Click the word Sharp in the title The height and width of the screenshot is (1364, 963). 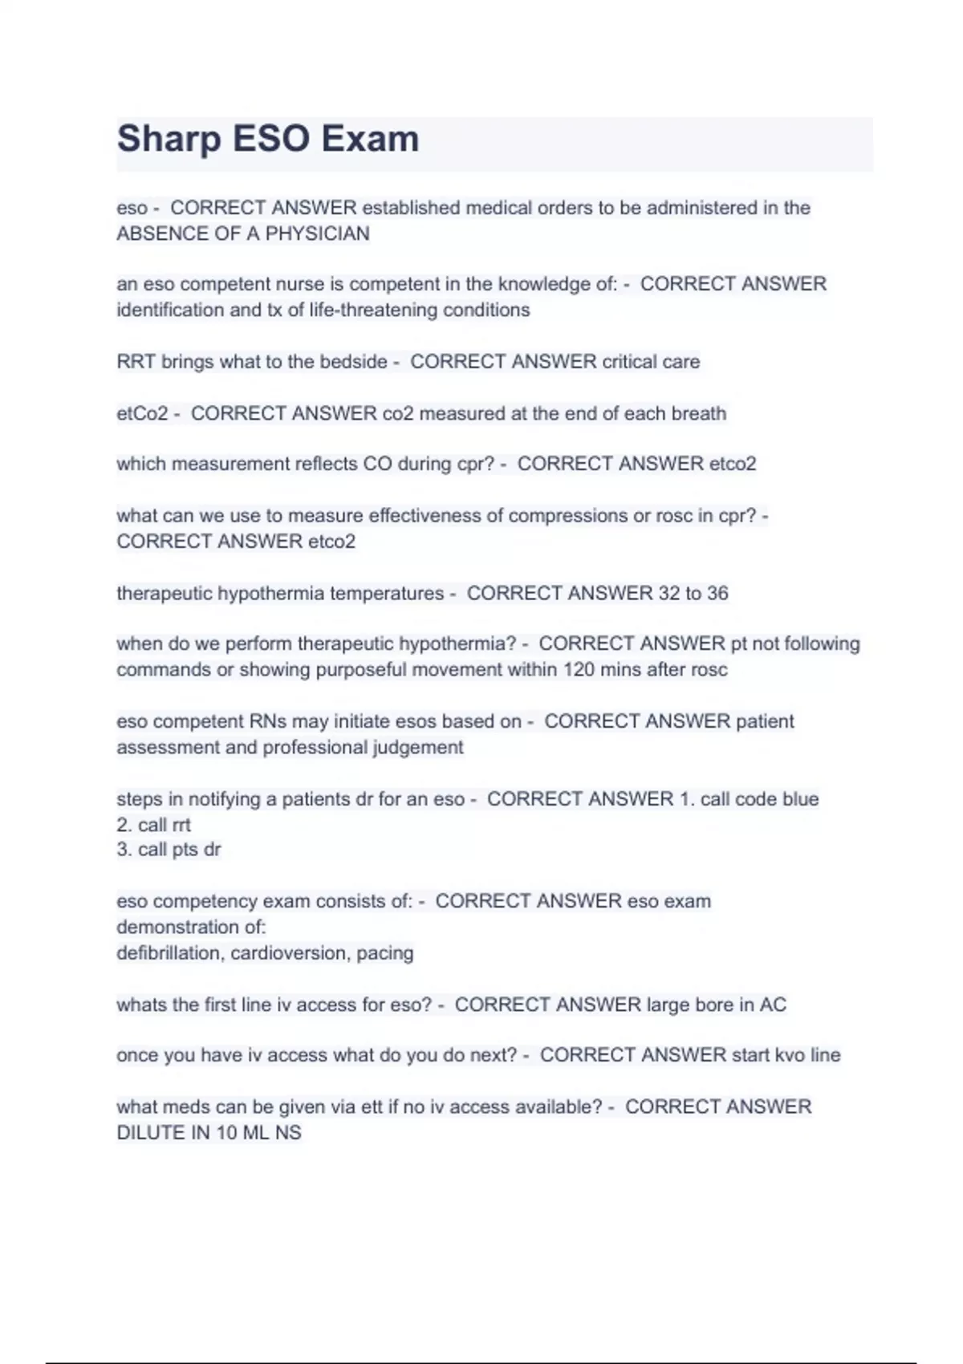point(169,139)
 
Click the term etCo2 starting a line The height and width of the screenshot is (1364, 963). point(142,413)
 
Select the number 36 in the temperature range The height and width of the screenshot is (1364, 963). point(717,594)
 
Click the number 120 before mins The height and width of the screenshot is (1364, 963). point(579,670)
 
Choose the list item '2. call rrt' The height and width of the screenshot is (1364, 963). point(153,825)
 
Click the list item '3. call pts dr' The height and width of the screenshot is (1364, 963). point(169,850)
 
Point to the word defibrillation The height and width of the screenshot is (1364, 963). point(170,953)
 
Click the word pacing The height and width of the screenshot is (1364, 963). point(385,953)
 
